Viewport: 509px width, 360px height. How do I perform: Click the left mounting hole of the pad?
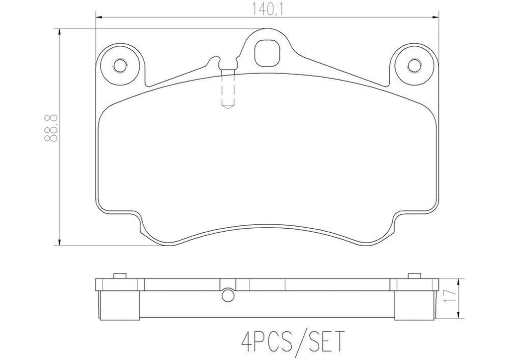pos(120,66)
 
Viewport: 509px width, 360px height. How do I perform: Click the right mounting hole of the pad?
pos(413,65)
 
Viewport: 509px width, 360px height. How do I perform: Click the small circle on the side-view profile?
pos(227,294)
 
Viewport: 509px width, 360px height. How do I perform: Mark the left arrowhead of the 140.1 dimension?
pos(98,17)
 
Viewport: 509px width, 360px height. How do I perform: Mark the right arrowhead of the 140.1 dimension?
pos(435,17)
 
